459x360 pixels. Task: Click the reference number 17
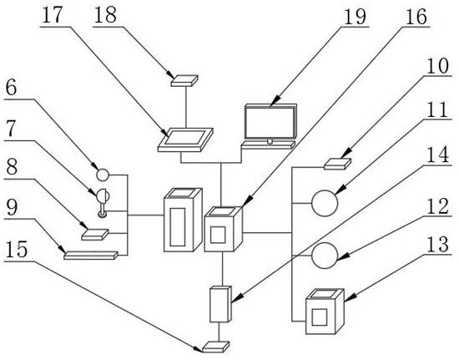point(52,15)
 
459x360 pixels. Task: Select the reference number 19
point(355,17)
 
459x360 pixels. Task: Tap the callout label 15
point(17,250)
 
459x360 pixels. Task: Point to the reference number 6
point(11,88)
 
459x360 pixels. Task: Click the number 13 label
point(437,244)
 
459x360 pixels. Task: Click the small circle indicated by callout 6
point(103,175)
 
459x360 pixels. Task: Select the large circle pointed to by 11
point(325,203)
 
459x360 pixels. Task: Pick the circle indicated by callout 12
point(325,256)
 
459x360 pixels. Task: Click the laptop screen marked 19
point(270,122)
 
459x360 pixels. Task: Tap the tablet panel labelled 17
point(185,139)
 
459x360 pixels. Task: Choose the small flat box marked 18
point(184,80)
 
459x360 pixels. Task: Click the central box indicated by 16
point(224,229)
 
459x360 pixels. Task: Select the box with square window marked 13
point(325,312)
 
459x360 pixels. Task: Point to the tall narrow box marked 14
point(220,304)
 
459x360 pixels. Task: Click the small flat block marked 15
point(216,347)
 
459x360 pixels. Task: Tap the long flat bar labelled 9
point(91,255)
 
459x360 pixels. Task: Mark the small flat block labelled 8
point(95,235)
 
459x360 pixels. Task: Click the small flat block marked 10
point(337,164)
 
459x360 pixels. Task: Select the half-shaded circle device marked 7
point(103,203)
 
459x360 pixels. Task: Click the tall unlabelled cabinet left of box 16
point(183,220)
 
